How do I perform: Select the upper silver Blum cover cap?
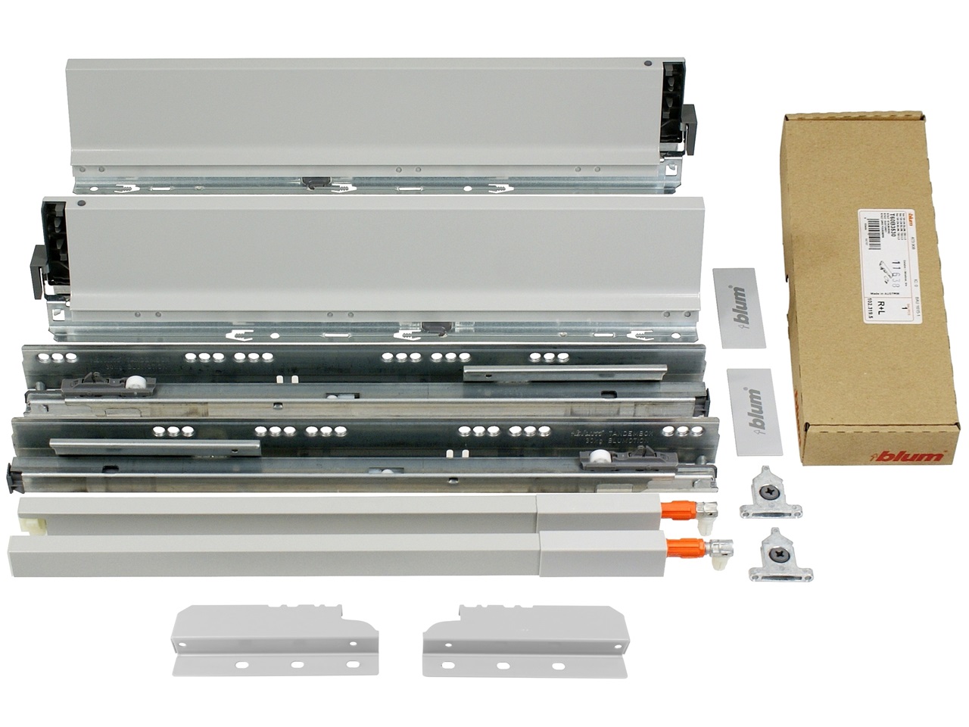coord(733,304)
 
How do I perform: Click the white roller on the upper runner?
coord(136,384)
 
